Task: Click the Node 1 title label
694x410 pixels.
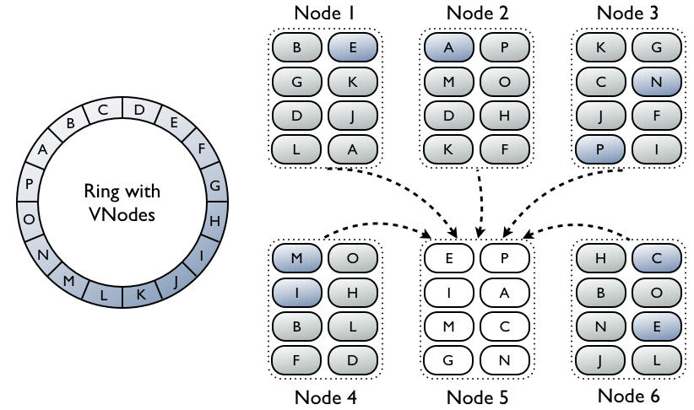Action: (x=324, y=13)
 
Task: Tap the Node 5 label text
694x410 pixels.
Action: (x=477, y=397)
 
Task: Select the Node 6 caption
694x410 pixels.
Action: (x=628, y=396)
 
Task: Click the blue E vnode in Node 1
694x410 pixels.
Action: (x=353, y=47)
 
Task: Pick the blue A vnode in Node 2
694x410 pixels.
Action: (x=449, y=47)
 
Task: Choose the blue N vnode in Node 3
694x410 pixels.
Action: (x=656, y=81)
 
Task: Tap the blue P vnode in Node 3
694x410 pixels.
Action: (x=600, y=149)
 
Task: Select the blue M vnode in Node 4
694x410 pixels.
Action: (x=297, y=258)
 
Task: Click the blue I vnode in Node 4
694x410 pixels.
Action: (x=297, y=293)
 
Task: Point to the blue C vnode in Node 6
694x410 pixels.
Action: (x=656, y=258)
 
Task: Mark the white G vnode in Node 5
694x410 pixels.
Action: (x=449, y=360)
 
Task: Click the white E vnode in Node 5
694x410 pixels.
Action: (x=449, y=258)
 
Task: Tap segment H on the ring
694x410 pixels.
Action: (x=215, y=220)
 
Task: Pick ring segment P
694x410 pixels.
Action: (x=29, y=184)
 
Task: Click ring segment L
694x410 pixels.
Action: (x=104, y=294)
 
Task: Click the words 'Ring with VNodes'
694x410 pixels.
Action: (x=122, y=202)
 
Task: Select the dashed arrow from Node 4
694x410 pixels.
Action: (x=377, y=224)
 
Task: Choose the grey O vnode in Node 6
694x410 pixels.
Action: (x=656, y=293)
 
